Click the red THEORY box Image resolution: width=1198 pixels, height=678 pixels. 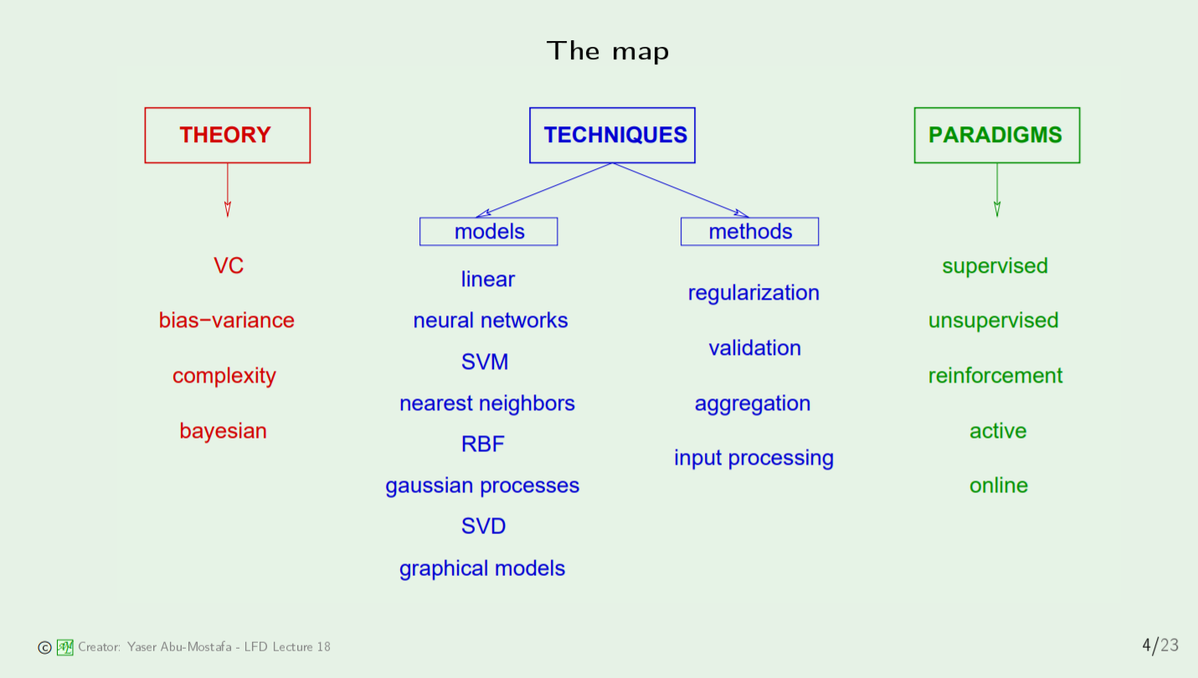227,135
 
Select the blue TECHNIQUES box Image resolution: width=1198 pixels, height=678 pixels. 612,135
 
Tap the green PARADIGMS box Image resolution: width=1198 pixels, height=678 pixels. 996,135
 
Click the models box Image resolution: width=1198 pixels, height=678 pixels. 489,232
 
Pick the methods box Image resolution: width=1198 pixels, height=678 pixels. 749,232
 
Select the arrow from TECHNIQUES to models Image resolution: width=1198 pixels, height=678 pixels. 544,190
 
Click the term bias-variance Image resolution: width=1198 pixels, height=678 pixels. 227,321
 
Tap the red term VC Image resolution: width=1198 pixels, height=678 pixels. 229,266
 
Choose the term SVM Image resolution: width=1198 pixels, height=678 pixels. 485,362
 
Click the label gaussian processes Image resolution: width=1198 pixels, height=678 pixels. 482,486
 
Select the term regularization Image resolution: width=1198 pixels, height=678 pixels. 753,293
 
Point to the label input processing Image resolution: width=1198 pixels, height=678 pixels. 753,459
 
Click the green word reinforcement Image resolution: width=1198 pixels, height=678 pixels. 995,376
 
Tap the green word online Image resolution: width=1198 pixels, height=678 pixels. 998,485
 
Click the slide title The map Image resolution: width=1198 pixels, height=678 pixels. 608,51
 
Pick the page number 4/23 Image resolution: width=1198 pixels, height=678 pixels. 1160,645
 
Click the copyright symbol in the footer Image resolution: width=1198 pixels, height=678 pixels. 44,647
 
